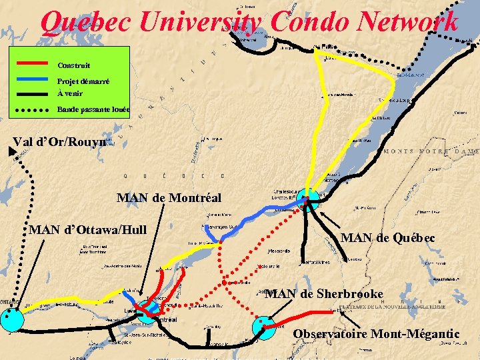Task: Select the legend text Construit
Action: [x=74, y=65]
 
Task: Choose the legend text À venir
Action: [x=70, y=93]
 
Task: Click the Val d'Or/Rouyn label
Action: [x=60, y=142]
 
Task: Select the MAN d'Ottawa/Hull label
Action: [x=89, y=230]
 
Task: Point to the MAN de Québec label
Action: [x=387, y=238]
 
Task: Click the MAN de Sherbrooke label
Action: [x=324, y=294]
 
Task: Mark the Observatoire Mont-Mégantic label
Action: [x=376, y=333]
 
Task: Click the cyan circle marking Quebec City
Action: [x=308, y=198]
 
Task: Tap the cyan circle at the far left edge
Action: [x=12, y=321]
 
